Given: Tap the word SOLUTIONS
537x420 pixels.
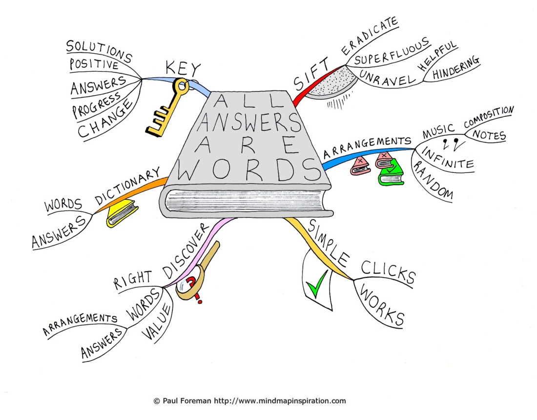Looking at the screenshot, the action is tap(99, 51).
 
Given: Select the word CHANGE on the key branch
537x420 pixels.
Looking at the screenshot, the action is tap(104, 118).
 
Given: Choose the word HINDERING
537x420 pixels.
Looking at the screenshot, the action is tap(455, 67).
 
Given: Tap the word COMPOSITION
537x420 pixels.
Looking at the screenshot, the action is tap(489, 116).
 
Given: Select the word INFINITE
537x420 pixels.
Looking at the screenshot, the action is tap(447, 158).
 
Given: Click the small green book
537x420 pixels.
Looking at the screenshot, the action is tap(391, 172).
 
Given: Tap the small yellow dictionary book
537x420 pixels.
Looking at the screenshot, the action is tap(122, 213).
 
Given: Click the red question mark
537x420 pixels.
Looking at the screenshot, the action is tap(193, 290).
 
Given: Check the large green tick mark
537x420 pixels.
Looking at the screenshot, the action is tap(317, 284).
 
